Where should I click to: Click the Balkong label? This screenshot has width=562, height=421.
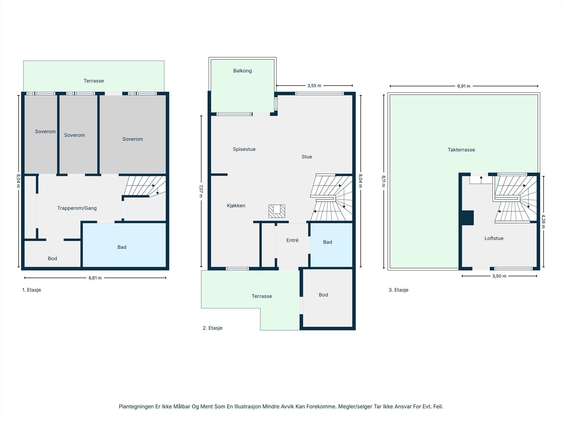pyautogui.click(x=242, y=71)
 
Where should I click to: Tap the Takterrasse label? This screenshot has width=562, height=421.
pyautogui.click(x=461, y=150)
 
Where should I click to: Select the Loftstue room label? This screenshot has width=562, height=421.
pyautogui.click(x=494, y=238)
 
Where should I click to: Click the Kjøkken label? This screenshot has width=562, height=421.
pyautogui.click(x=236, y=206)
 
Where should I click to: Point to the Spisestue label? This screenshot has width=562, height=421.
pyautogui.click(x=244, y=149)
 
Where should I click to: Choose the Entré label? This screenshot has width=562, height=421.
pyautogui.click(x=292, y=240)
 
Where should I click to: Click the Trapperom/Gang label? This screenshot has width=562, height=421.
pyautogui.click(x=77, y=208)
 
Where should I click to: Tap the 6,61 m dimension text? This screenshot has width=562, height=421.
pyautogui.click(x=95, y=278)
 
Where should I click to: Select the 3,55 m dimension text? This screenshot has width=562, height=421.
pyautogui.click(x=314, y=86)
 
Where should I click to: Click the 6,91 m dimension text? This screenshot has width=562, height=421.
pyautogui.click(x=464, y=86)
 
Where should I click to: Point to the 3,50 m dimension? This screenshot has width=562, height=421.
pyautogui.click(x=499, y=276)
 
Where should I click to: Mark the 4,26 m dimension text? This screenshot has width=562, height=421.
pyautogui.click(x=543, y=222)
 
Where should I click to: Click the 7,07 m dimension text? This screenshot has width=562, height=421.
pyautogui.click(x=201, y=191)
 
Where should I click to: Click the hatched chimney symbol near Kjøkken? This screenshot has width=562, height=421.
pyautogui.click(x=277, y=211)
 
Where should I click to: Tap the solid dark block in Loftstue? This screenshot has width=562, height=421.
pyautogui.click(x=468, y=218)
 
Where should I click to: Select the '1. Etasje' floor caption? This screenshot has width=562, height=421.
pyautogui.click(x=32, y=290)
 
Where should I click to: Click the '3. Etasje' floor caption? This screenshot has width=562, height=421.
pyautogui.click(x=398, y=290)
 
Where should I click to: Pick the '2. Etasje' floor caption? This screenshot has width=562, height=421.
pyautogui.click(x=213, y=328)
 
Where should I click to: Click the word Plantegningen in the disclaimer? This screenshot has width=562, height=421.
pyautogui.click(x=137, y=406)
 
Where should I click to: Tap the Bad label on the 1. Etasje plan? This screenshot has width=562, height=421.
pyautogui.click(x=122, y=247)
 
